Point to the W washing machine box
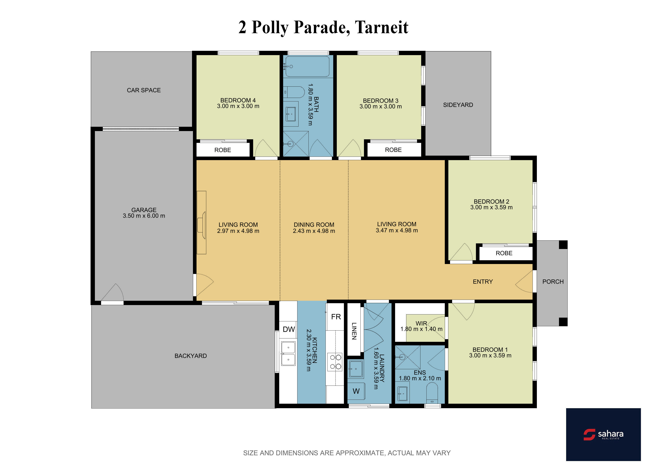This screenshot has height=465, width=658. pos(356,391)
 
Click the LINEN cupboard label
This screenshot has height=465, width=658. pos(354,331)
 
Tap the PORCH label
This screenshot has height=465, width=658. pos(553,282)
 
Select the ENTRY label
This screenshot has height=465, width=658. pos(483,282)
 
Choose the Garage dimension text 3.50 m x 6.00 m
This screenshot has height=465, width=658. pos(144,216)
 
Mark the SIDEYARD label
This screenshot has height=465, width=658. pos(458,105)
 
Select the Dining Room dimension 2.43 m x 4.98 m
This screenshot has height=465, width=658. pos(314,231)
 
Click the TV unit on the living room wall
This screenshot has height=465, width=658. pos(201,222)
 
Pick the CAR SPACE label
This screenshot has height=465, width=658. pos(144,90)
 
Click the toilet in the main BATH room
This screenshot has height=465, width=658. pos(294,92)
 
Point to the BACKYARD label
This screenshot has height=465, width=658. pos(191,356)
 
